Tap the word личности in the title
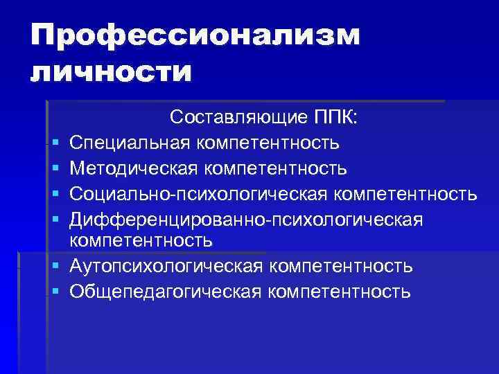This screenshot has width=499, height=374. click(110, 72)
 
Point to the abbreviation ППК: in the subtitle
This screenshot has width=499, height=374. click(333, 118)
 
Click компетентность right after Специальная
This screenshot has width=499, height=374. click(268, 143)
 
